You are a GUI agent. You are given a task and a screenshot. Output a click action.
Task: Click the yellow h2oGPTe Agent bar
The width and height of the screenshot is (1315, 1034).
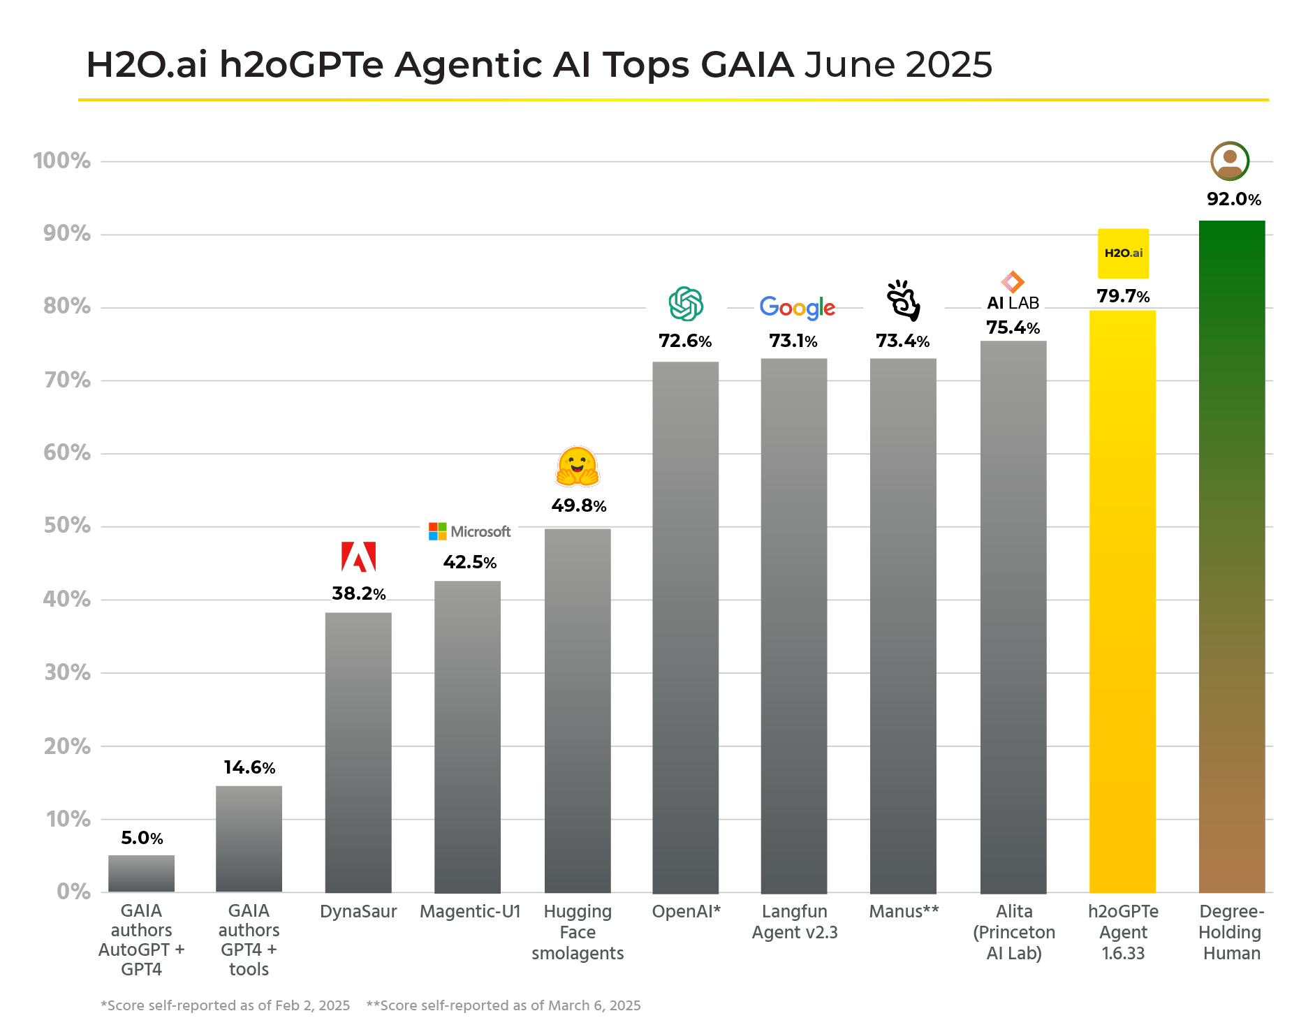[x=1122, y=600]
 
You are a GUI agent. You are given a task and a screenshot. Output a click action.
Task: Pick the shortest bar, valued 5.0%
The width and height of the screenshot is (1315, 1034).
[x=141, y=873]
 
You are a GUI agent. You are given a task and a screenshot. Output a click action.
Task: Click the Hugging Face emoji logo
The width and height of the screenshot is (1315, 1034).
[x=578, y=466]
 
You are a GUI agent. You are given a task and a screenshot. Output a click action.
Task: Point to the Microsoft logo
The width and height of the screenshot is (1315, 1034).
[x=469, y=531]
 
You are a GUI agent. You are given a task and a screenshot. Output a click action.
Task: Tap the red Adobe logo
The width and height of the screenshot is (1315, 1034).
[x=358, y=556]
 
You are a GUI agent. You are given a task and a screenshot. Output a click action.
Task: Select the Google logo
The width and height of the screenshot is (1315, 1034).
[x=797, y=307]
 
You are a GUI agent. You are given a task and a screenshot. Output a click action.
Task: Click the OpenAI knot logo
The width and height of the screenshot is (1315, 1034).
[x=686, y=304]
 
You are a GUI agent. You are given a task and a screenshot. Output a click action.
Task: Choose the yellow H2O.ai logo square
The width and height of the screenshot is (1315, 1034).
[x=1123, y=253]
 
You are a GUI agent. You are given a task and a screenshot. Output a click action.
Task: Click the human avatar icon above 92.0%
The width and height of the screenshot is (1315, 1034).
[x=1230, y=161]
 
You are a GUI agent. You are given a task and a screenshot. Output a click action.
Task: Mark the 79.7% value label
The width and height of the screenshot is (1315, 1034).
[x=1122, y=296]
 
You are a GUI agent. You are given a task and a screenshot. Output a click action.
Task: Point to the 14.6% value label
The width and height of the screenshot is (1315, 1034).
[x=249, y=768]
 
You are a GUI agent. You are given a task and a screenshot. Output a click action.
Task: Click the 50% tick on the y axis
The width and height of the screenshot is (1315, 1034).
[x=67, y=526]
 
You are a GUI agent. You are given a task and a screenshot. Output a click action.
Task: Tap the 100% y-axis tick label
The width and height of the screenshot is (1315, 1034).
[x=61, y=161]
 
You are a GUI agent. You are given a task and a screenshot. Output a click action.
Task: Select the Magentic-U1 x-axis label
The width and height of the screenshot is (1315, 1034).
[x=470, y=911]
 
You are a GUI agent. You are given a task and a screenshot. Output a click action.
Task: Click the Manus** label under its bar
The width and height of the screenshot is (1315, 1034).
[x=904, y=911]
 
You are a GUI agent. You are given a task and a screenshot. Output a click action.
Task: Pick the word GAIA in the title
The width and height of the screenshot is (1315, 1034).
[x=747, y=64]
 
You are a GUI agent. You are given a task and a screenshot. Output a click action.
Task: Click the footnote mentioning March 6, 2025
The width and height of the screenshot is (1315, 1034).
[x=503, y=1005]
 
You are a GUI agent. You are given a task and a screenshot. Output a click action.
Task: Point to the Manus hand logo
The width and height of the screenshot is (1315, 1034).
[x=903, y=300]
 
